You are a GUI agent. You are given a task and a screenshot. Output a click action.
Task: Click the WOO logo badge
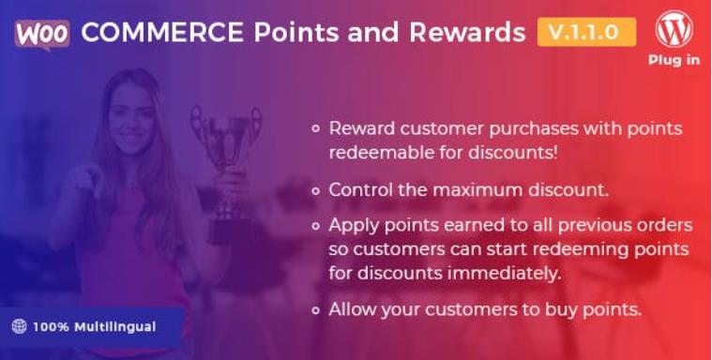[42, 32]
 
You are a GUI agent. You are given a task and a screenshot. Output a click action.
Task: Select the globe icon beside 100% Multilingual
[19, 326]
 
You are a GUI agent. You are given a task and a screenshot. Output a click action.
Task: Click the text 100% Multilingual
[94, 326]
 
